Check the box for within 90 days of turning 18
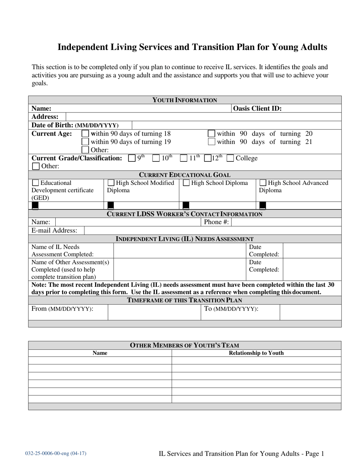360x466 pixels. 86,134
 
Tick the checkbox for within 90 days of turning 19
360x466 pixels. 86,142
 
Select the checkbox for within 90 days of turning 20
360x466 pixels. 211,134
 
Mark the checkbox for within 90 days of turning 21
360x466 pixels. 211,142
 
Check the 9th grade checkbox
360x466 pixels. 132,158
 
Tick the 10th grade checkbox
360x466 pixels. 156,158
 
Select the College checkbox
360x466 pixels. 230,158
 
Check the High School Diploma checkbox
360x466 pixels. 186,183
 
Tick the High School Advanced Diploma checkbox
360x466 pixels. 263,183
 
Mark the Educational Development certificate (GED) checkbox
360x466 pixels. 36,183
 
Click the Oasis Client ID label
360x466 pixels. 257,108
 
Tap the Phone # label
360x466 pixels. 216,222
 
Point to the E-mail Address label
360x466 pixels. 54,230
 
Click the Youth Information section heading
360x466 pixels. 185,100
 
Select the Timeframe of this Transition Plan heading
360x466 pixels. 184,300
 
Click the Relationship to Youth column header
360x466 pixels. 256,353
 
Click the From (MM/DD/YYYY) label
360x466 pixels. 62,309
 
